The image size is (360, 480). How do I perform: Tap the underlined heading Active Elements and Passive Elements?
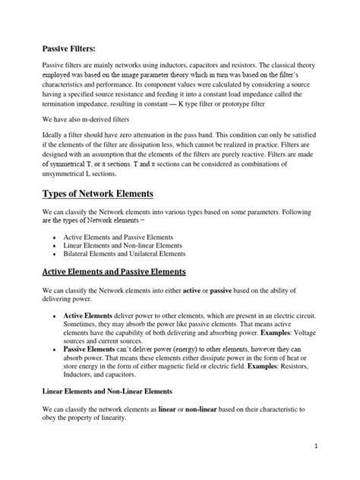pyautogui.click(x=113, y=271)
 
